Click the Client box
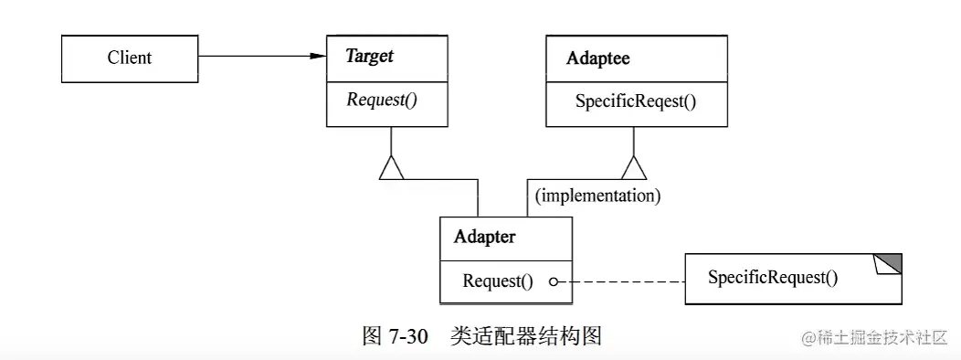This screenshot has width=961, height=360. point(130,58)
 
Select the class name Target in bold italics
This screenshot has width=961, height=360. point(369,56)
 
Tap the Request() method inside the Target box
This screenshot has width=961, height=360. point(382,100)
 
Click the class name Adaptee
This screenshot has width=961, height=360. point(597,58)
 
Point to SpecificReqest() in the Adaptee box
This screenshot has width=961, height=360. point(636,101)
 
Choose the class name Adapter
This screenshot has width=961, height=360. point(484,237)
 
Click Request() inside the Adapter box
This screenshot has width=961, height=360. point(497,281)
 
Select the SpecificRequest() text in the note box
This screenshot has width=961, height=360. point(772,277)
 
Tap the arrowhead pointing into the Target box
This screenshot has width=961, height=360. point(317,57)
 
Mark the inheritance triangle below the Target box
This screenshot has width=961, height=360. point(391,167)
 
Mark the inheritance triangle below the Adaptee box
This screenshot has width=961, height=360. point(633,167)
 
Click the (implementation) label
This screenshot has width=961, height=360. point(598,195)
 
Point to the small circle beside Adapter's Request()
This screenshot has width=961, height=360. point(554,282)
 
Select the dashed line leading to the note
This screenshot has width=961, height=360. point(621,282)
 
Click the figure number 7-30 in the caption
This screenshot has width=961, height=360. point(408,335)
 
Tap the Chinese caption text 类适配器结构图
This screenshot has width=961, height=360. point(525,335)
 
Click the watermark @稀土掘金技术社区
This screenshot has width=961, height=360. point(874,337)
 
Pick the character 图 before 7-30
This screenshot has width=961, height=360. point(372,335)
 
